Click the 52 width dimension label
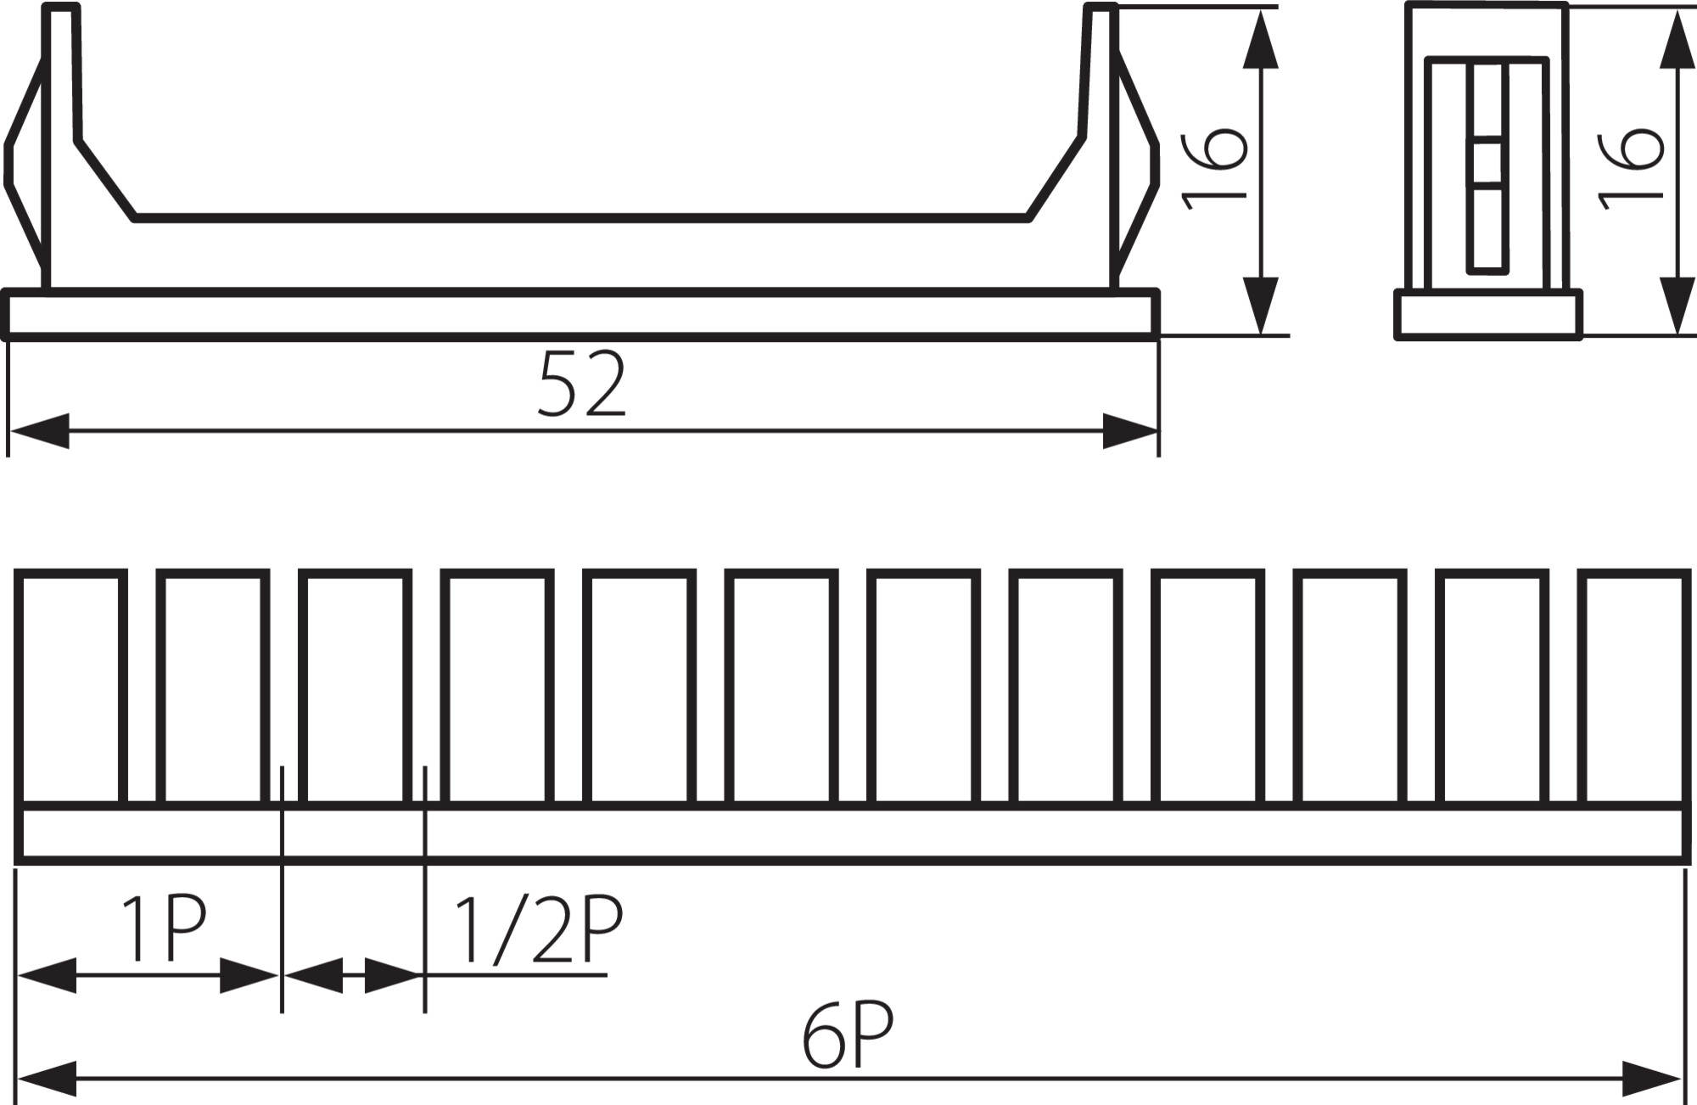point(582,384)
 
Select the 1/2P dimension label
point(539,929)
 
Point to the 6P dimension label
point(848,1035)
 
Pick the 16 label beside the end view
point(1630,168)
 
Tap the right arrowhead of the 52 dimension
point(1129,431)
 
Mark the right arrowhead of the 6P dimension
point(1651,1078)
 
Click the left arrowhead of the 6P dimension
point(47,1078)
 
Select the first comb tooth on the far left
point(71,688)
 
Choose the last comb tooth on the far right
point(1633,688)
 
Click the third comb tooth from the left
point(356,688)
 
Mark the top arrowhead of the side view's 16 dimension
point(1260,38)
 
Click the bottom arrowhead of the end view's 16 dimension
point(1676,305)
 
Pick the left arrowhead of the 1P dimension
point(47,975)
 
